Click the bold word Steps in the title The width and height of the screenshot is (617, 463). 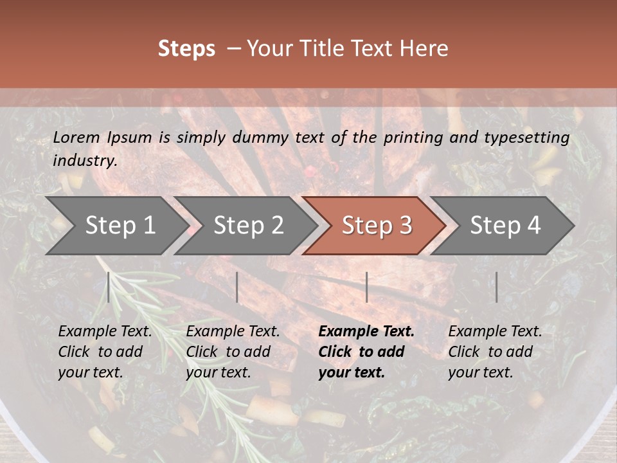[186, 49]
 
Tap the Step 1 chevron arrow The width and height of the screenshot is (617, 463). [116, 226]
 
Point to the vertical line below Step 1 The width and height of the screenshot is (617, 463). [109, 287]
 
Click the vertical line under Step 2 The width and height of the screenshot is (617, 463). [237, 287]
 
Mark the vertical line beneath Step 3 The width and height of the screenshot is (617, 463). [366, 287]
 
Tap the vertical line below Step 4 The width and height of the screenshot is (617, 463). [496, 287]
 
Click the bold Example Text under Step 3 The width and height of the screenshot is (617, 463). [366, 332]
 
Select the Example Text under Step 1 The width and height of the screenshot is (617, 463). [105, 332]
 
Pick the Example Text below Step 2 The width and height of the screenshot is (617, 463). [233, 332]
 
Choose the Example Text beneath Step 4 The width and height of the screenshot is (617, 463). [495, 332]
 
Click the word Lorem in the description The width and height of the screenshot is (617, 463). [76, 138]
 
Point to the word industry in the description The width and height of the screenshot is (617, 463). [84, 161]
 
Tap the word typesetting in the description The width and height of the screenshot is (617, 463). [523, 138]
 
